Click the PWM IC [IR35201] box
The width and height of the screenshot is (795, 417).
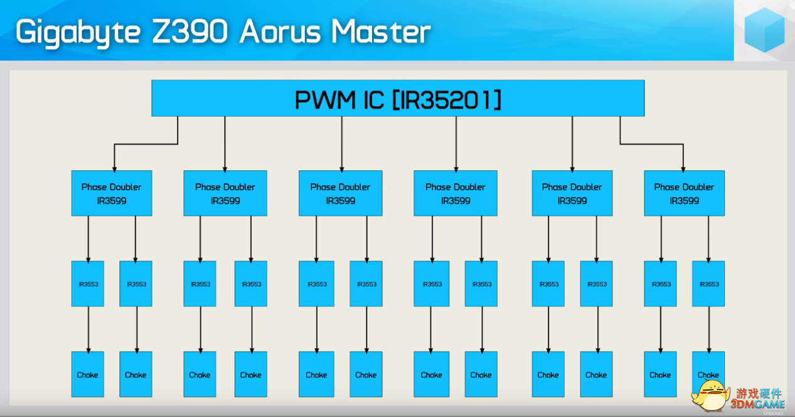398,99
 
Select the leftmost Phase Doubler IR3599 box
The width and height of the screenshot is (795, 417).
112,193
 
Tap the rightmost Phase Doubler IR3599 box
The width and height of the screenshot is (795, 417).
685,193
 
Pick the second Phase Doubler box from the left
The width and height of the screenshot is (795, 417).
225,193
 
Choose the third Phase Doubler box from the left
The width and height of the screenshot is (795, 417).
340,193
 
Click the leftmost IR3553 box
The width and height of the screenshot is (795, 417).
88,284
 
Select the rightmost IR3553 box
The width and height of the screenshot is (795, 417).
708,284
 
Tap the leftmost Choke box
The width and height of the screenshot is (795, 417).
88,374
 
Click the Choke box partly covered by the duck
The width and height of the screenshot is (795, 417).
708,369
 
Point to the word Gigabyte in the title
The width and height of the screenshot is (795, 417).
78,33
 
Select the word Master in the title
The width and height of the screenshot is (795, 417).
381,32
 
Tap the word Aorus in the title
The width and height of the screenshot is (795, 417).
280,32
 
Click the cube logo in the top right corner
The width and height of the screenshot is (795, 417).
764,30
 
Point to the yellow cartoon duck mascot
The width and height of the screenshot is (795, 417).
710,395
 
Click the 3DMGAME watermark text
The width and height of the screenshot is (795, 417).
757,404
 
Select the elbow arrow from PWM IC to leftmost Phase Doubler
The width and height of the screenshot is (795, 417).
146,144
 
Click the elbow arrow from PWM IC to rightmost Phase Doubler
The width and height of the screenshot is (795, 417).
652,144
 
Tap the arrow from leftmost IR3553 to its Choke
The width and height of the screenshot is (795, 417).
88,329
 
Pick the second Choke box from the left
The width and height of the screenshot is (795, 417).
136,374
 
